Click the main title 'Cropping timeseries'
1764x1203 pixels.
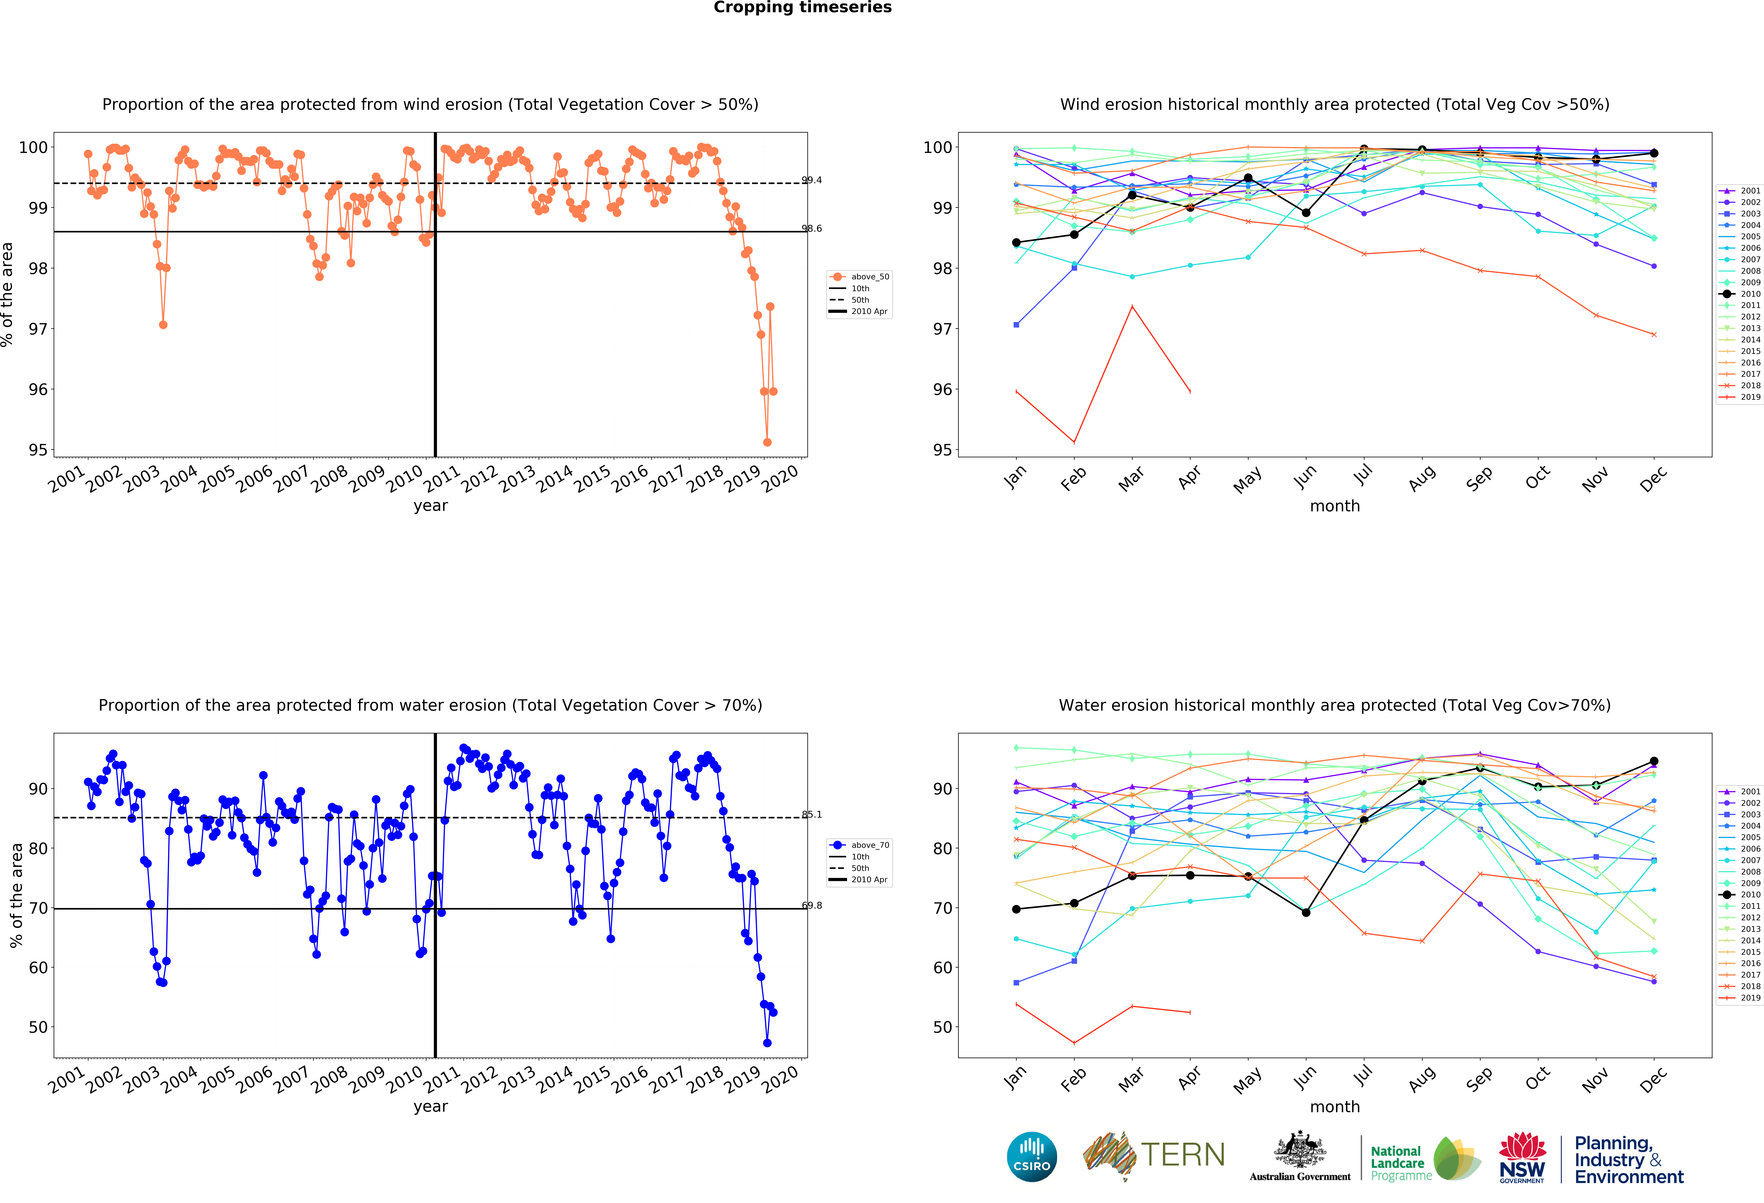[x=802, y=8]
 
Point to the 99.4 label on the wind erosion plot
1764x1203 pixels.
[x=811, y=180]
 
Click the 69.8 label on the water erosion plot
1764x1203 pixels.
[x=811, y=905]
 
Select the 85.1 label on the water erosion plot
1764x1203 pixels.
[x=811, y=814]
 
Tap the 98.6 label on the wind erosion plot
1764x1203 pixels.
[x=811, y=228]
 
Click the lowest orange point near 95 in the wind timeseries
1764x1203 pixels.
[x=767, y=442]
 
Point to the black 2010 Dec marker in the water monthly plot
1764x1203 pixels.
[x=1654, y=761]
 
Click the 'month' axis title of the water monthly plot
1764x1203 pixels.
[x=1334, y=1107]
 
